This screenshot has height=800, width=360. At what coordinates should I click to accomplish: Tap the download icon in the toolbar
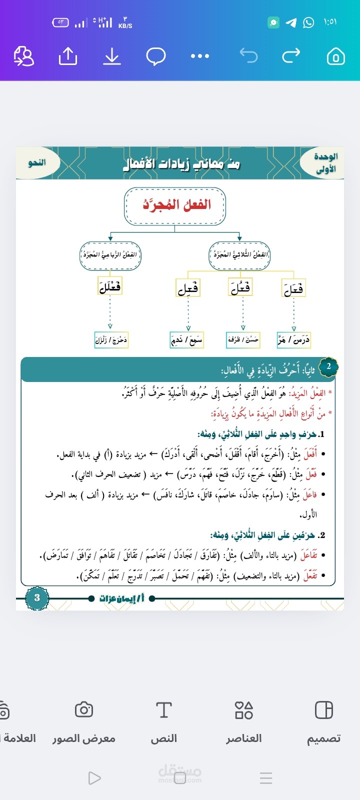point(112,56)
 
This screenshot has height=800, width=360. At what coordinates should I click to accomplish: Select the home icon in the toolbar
point(335,56)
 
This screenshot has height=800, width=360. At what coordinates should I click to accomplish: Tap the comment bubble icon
point(156,56)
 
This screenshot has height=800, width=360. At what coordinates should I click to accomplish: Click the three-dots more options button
point(200,56)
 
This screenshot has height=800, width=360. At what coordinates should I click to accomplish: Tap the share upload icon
point(68,56)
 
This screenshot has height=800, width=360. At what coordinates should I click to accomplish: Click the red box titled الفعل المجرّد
point(175,205)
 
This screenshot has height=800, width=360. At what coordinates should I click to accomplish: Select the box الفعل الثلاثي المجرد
point(239,255)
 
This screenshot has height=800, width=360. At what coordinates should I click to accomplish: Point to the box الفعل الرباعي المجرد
point(110,255)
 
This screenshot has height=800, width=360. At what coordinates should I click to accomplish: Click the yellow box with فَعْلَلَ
point(110,286)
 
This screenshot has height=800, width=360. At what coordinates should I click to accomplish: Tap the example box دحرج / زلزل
point(111,340)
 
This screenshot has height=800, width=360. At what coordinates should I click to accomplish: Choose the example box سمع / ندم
point(187,340)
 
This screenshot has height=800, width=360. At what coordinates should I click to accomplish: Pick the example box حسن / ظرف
point(243,340)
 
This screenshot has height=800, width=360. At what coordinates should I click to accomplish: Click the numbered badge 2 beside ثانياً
point(328,366)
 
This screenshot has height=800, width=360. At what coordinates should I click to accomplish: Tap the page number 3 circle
point(37,598)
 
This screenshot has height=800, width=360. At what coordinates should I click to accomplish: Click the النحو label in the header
point(37,163)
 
